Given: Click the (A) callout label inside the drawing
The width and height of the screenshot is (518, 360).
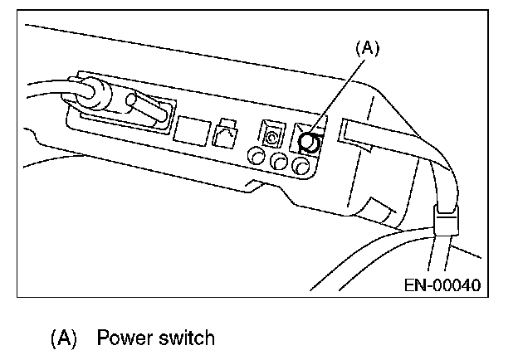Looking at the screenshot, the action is [368, 48].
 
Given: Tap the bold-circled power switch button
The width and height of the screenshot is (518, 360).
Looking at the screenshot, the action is [309, 143].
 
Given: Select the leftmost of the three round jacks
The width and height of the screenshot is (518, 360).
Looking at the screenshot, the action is [256, 156].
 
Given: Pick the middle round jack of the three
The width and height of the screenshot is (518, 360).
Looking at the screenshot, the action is [279, 162].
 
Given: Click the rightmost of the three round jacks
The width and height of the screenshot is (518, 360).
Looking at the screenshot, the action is [301, 166].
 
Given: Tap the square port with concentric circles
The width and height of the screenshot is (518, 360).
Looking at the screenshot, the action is [271, 134].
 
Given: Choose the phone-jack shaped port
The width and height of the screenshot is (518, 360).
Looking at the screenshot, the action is [225, 134].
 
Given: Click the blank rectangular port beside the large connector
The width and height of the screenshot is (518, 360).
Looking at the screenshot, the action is [192, 131].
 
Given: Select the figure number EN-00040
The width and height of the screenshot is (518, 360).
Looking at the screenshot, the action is [442, 285].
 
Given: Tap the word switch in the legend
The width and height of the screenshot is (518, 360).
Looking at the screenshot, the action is [187, 338].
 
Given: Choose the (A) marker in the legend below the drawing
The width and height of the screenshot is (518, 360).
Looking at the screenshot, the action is [63, 338].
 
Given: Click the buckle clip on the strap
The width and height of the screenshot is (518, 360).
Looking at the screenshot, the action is [446, 220].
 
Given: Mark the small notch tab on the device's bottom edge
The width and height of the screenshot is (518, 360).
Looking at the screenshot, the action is [254, 186].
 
